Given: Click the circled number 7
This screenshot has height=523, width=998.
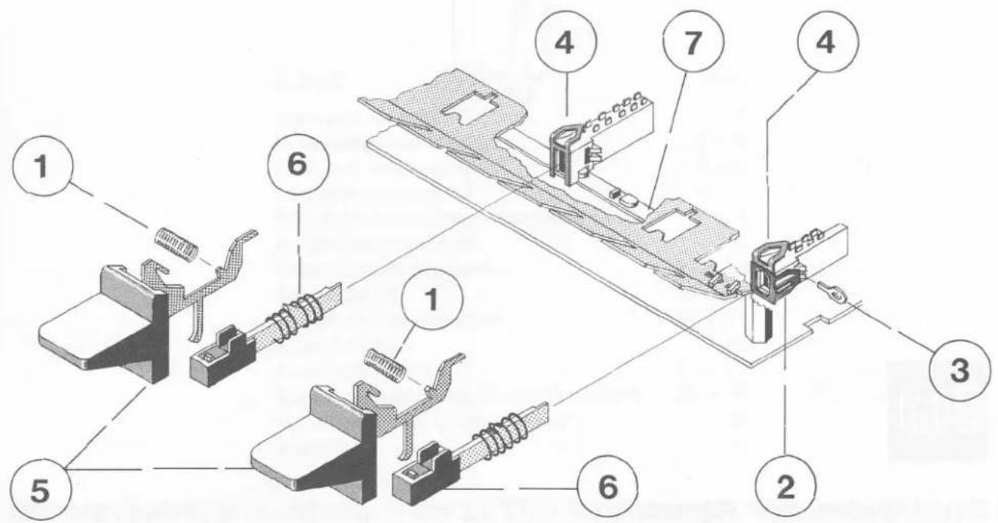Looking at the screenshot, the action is pos(694,42).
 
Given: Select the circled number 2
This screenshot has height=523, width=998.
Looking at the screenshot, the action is pos(786,487).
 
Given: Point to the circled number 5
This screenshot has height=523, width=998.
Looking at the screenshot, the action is pos(41,491).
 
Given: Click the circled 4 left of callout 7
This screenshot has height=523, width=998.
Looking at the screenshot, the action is pos(566,43).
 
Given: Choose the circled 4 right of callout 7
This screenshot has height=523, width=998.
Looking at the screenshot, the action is pos(828,43).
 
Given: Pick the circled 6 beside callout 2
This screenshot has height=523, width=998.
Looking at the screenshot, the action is pos(607,487).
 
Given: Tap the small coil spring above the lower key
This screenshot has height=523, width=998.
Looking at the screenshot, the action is pos(386,365).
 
